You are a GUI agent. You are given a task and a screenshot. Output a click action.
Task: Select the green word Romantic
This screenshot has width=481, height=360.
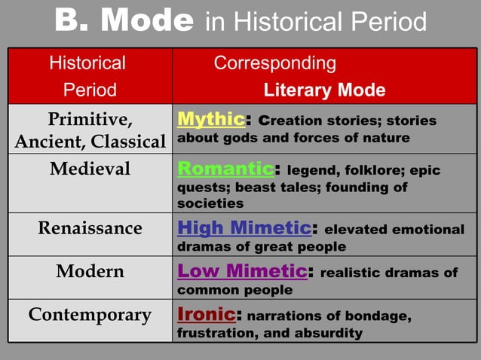coord(224,168)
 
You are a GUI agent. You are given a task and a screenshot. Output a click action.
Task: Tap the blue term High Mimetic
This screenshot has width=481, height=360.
coord(244,228)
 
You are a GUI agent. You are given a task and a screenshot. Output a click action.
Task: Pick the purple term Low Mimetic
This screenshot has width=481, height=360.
coord(241,271)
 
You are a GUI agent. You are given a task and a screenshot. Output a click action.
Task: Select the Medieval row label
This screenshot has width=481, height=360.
coord(90,169)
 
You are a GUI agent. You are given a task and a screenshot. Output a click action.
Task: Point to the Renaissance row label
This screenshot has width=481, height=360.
coord(90,228)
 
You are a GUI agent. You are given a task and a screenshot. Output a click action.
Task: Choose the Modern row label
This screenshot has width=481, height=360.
coord(90,272)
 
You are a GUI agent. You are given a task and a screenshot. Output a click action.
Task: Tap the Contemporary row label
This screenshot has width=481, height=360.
coord(90,315)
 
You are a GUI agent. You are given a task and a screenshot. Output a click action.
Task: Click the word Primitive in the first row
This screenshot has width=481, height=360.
coord(90,120)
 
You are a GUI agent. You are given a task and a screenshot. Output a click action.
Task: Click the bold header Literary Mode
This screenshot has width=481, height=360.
coord(324,91)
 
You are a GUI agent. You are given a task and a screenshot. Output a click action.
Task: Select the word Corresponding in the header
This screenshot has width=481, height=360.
coord(274,63)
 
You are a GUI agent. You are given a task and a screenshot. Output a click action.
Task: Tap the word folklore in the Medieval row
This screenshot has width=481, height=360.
coord(365,170)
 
